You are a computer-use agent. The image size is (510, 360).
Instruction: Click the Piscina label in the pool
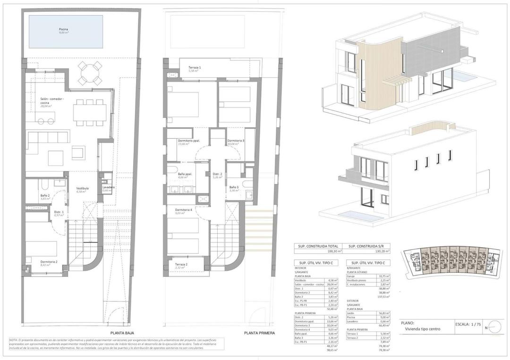click(63, 30)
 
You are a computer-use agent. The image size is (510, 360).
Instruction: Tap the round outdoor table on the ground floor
click(89, 73)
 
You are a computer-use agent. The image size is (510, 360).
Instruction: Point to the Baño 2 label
click(45, 196)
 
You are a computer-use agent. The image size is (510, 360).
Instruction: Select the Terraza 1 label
click(195, 68)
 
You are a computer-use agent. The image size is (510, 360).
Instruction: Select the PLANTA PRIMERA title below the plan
click(259, 333)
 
